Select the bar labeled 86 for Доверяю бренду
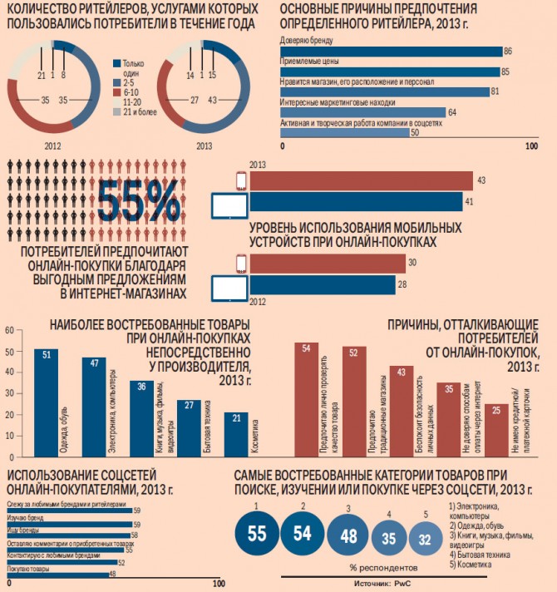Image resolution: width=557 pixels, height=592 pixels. (x=392, y=52)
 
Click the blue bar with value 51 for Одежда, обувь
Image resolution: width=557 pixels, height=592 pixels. (x=46, y=401)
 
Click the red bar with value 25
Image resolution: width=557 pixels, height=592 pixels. (x=496, y=428)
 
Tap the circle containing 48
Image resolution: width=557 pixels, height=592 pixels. (x=349, y=537)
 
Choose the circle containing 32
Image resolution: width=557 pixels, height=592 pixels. (x=426, y=540)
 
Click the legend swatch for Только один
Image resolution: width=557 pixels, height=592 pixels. (x=116, y=63)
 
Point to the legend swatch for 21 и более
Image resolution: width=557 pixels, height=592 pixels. (x=116, y=111)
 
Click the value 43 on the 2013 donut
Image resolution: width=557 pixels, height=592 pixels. (x=213, y=100)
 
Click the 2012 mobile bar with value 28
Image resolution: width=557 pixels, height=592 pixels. (x=323, y=285)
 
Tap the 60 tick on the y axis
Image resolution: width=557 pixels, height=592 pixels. (x=10, y=329)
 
